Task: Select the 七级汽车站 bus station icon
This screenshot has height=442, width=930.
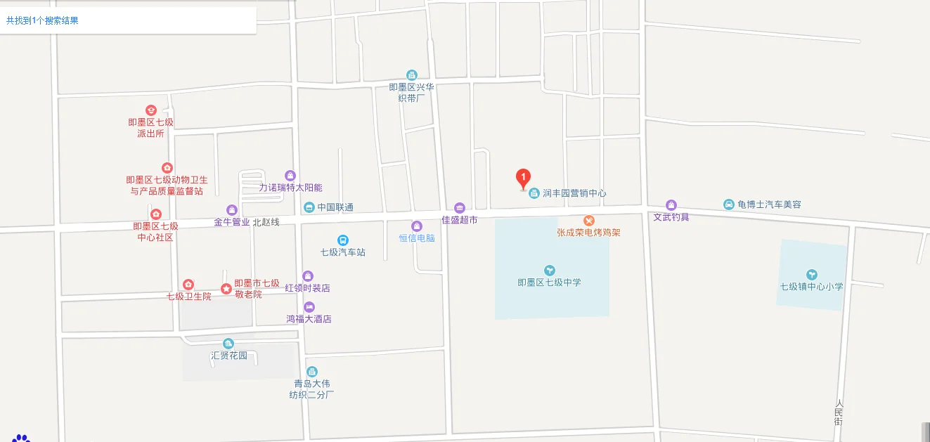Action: click(x=342, y=240)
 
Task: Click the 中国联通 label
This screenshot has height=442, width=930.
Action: click(x=335, y=207)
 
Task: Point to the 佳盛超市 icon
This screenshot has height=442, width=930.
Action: click(x=459, y=207)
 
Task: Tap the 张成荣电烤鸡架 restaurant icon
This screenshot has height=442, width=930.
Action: click(x=589, y=221)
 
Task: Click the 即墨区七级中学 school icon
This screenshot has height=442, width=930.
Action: click(x=549, y=270)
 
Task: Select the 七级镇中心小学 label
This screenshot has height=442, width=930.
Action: click(x=811, y=287)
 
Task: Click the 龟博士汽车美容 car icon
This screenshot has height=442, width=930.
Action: click(x=728, y=204)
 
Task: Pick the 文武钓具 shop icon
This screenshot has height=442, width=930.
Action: click(x=671, y=205)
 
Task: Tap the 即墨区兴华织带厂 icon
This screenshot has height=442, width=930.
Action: click(x=412, y=75)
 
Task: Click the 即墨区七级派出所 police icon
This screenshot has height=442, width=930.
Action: click(x=150, y=110)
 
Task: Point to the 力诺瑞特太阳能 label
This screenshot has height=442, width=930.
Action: click(x=290, y=188)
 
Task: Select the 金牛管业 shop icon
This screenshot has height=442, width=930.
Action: click(x=231, y=209)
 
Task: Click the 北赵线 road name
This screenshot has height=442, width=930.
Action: click(x=266, y=222)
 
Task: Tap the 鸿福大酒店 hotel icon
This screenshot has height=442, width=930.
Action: click(x=309, y=307)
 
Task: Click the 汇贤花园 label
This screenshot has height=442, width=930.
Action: click(x=229, y=356)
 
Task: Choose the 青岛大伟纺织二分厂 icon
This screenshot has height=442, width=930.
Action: click(x=311, y=372)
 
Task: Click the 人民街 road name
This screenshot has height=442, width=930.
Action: click(x=839, y=412)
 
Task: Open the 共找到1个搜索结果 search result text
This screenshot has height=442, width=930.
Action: click(x=42, y=20)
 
